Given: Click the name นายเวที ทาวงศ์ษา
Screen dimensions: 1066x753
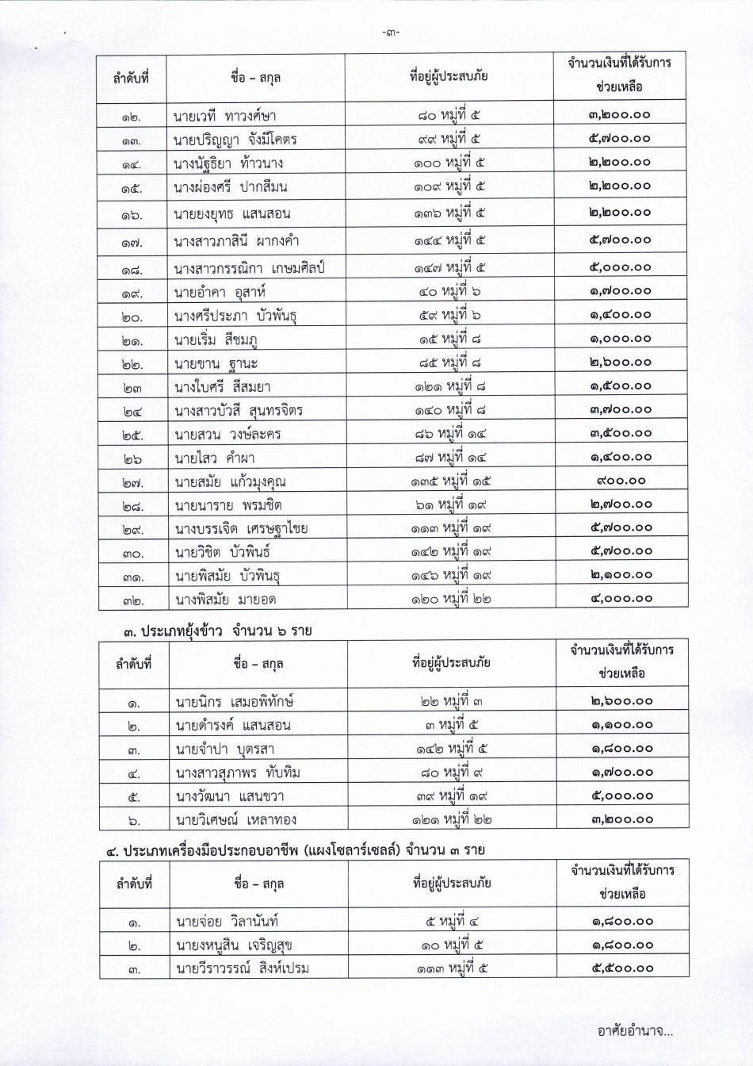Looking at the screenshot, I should click(x=225, y=116).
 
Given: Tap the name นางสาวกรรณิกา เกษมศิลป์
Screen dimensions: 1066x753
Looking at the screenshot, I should click(x=249, y=268).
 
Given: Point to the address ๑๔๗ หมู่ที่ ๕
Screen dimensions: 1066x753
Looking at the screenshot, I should click(x=449, y=268).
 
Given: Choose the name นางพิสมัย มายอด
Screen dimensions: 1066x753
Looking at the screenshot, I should click(x=226, y=600).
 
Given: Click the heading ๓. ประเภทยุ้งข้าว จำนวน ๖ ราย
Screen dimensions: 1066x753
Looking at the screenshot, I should click(x=217, y=632).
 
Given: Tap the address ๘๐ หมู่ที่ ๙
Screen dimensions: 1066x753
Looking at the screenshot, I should click(x=450, y=773).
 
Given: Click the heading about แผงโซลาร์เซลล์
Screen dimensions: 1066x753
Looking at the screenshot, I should click(x=296, y=851).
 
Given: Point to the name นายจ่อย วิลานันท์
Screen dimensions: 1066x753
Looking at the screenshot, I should click(x=227, y=922).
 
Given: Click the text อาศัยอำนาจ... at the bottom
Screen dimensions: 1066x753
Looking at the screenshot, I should click(x=635, y=1032).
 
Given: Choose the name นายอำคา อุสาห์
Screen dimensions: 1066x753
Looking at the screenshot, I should click(x=220, y=292).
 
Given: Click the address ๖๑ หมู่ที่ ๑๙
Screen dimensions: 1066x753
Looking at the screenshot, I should click(x=449, y=505).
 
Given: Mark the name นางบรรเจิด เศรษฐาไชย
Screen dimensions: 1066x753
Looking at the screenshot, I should click(x=241, y=529).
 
